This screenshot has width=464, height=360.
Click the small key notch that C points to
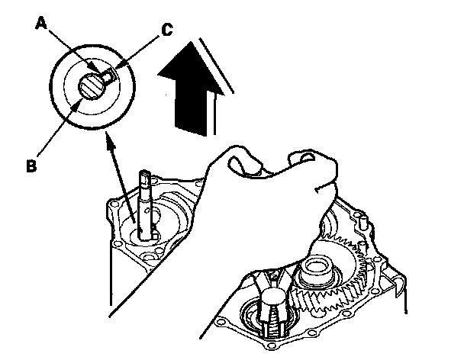(x=109, y=73)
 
